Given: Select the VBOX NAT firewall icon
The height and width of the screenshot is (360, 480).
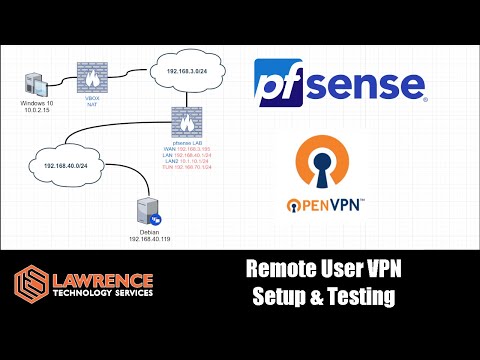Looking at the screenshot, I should pyautogui.click(x=93, y=77).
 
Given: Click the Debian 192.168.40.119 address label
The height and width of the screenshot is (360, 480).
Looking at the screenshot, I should pyautogui.click(x=145, y=237).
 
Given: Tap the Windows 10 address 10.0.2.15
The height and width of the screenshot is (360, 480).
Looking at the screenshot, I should pyautogui.click(x=36, y=112).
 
